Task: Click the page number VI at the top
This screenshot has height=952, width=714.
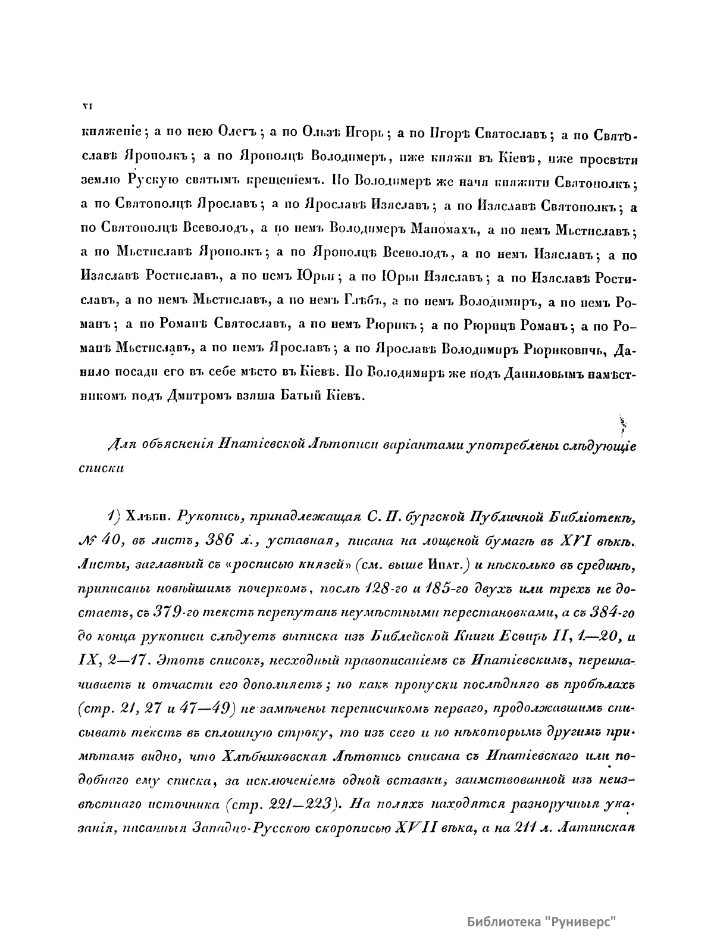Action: click(x=85, y=107)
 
